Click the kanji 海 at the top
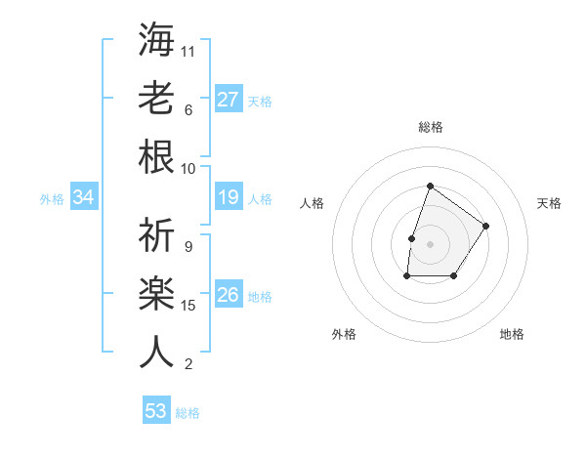pyautogui.click(x=155, y=40)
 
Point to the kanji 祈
pyautogui.click(x=155, y=235)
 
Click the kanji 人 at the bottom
pyautogui.click(x=155, y=352)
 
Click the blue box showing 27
pyautogui.click(x=229, y=99)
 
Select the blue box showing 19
pyautogui.click(x=229, y=198)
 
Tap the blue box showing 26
pyautogui.click(x=229, y=295)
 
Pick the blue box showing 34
pyautogui.click(x=84, y=198)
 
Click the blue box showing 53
pyautogui.click(x=155, y=411)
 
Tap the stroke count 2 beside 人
pyautogui.click(x=188, y=364)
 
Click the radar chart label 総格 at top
pyautogui.click(x=430, y=127)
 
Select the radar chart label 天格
pyautogui.click(x=549, y=203)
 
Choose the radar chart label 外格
pyautogui.click(x=344, y=334)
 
